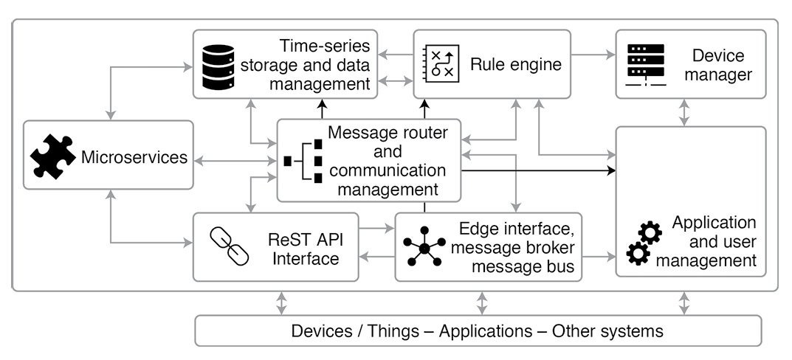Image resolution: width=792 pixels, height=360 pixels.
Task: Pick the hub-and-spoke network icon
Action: (x=424, y=246)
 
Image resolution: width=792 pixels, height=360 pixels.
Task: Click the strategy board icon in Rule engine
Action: (x=441, y=63)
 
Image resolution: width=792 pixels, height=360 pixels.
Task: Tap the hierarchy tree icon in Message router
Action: (x=304, y=160)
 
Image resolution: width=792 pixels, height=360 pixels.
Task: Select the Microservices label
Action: (x=134, y=157)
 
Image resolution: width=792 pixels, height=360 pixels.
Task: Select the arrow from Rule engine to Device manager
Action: (x=593, y=54)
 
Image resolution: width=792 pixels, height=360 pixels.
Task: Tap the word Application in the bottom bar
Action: (x=481, y=330)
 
